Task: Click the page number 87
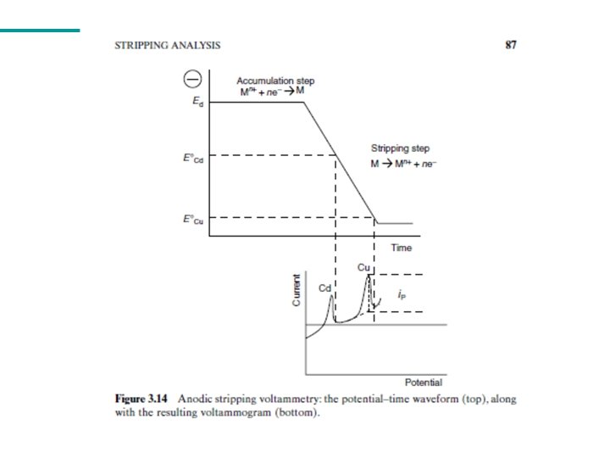510,46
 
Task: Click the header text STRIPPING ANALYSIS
168,46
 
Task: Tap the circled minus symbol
191,79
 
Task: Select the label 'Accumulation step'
274,81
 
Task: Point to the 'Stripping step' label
400,148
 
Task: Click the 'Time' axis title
401,248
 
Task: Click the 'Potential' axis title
423,383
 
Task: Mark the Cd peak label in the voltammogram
324,288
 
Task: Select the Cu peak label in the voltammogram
363,267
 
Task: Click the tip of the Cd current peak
330,294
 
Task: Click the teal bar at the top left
40,31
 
